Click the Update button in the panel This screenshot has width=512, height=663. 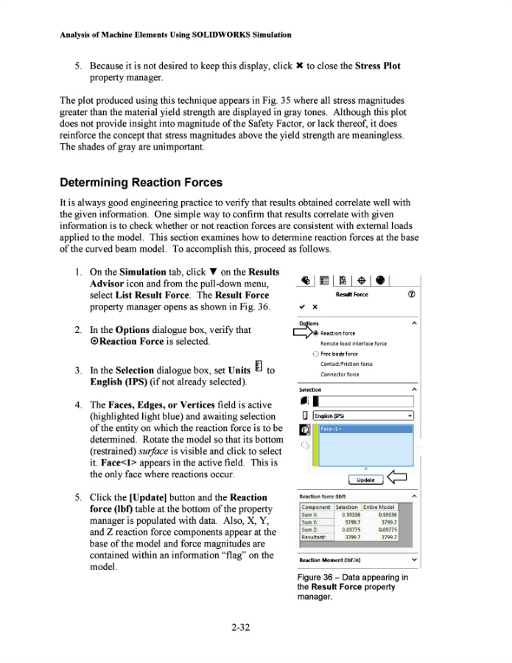click(366, 480)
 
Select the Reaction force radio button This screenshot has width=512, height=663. click(316, 333)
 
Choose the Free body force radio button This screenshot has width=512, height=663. click(316, 354)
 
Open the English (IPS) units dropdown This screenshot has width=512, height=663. click(362, 415)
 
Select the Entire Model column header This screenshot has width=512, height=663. click(379, 507)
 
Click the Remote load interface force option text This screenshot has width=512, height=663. click(353, 343)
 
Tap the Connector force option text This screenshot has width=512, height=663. click(339, 374)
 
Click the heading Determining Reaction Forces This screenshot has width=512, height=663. click(141, 182)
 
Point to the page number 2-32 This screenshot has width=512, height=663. click(240, 628)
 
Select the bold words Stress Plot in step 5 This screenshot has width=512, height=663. click(377, 66)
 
